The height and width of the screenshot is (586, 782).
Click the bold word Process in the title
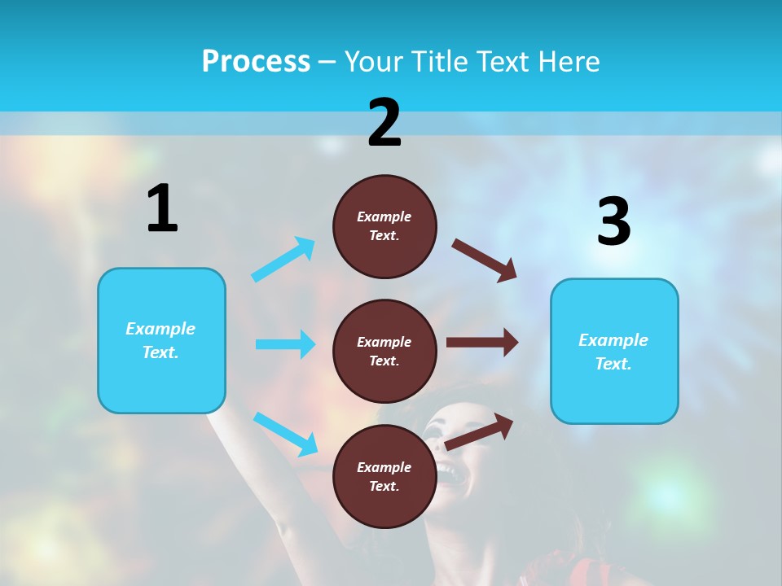point(256,62)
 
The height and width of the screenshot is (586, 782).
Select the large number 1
point(162,209)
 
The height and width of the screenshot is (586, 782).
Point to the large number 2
point(384,124)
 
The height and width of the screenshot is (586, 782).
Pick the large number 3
point(613,222)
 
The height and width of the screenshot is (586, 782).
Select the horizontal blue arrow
point(285,344)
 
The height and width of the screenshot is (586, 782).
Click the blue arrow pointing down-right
point(285,433)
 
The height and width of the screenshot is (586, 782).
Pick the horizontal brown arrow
point(482,342)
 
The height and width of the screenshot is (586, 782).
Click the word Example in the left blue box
point(160,329)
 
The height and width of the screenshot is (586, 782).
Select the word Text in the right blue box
point(613,364)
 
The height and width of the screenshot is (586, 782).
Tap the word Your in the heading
point(375,62)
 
